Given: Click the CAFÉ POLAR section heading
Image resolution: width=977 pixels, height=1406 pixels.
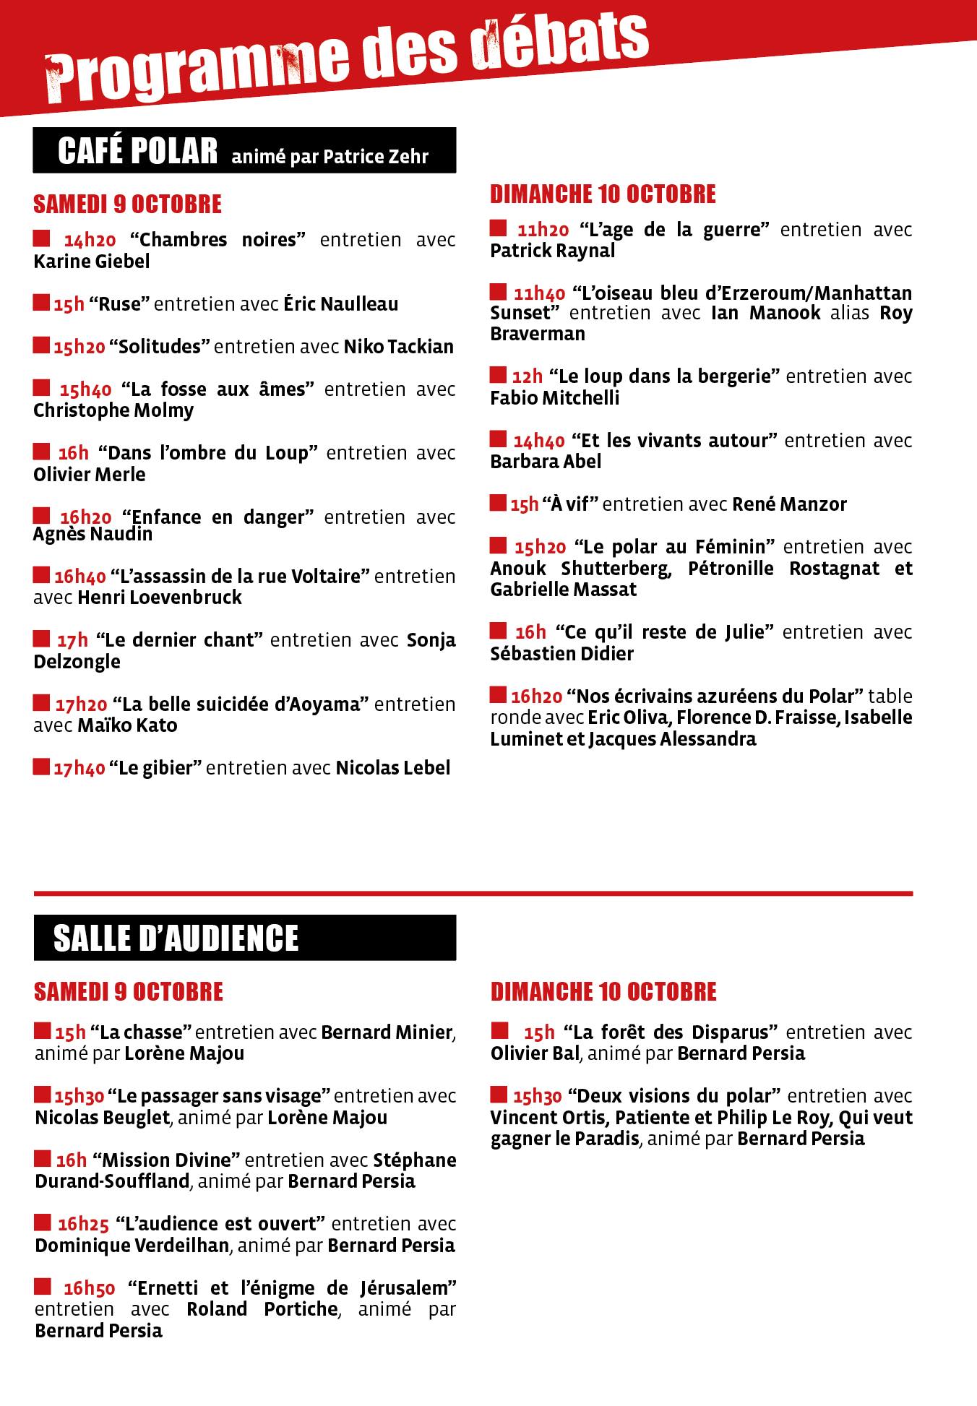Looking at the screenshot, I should (137, 151).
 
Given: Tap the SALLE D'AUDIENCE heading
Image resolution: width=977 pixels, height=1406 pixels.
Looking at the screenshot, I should (176, 938).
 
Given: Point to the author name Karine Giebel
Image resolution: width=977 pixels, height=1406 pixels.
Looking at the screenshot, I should (92, 262).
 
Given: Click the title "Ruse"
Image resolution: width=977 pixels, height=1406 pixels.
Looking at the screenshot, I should (119, 304).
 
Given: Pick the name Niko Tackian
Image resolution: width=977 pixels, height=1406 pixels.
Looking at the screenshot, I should (399, 347).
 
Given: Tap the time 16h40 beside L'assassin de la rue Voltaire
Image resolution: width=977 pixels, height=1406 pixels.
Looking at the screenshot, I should (79, 577).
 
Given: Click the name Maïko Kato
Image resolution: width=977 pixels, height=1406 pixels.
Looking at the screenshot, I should (127, 725).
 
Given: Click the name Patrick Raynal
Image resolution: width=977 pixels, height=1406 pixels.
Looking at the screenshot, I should (553, 251).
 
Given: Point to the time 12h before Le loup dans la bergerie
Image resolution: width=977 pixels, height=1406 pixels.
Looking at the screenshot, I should (527, 377).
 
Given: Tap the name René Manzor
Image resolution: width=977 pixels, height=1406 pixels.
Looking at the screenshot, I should (789, 504).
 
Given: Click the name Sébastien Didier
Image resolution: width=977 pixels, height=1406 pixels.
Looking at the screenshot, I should (561, 654).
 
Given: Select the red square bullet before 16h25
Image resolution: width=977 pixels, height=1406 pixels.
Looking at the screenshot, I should (43, 1223).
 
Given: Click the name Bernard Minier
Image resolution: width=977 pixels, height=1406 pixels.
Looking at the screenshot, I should (387, 1032).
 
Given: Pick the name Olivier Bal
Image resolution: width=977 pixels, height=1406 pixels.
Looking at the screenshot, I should (535, 1054).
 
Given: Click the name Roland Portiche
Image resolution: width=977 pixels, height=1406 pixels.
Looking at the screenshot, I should (262, 1309).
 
